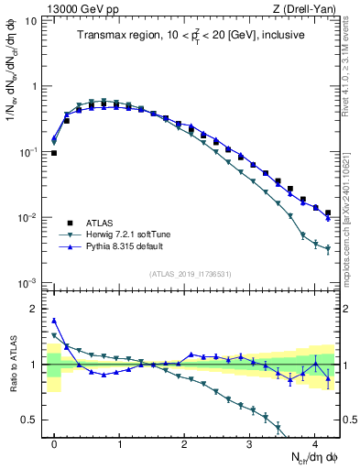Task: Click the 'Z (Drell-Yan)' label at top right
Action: [311, 8]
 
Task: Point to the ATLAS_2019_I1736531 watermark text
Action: [191, 274]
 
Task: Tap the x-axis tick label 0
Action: [54, 443]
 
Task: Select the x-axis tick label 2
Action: [184, 443]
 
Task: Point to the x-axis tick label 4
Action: [314, 443]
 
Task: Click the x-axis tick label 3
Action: [249, 443]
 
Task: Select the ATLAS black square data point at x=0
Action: [54, 153]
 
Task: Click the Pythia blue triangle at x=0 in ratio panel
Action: [54, 321]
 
